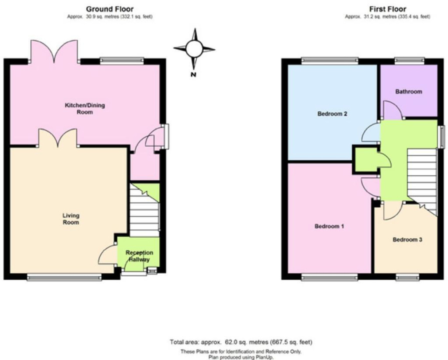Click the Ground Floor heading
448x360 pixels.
109,9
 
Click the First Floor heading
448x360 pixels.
387,9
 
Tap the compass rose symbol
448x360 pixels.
194,49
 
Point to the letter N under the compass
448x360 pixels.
193,75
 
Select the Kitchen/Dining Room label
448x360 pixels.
85,108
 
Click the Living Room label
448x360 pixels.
71,218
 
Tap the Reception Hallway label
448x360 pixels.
139,256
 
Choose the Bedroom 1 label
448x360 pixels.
329,226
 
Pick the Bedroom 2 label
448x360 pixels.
332,114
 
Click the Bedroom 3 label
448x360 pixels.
407,239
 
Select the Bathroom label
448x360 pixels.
408,91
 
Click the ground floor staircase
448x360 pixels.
144,210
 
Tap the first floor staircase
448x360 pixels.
422,180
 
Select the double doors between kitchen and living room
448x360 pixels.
57,138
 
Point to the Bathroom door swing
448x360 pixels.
392,110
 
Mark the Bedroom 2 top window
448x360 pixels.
329,61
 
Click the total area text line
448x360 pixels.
241,342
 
